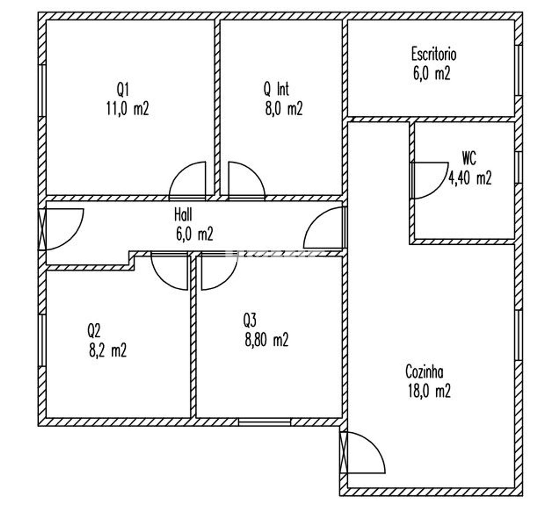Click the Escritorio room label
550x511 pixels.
[x=434, y=54]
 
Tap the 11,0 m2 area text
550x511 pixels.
[x=127, y=109]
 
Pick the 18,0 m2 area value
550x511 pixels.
[x=429, y=391]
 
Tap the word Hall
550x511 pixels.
[x=183, y=215]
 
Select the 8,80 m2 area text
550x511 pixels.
[x=266, y=340]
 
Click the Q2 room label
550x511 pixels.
[x=94, y=331]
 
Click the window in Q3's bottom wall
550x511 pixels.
[x=264, y=422]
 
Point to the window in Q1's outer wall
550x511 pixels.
[x=42, y=90]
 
